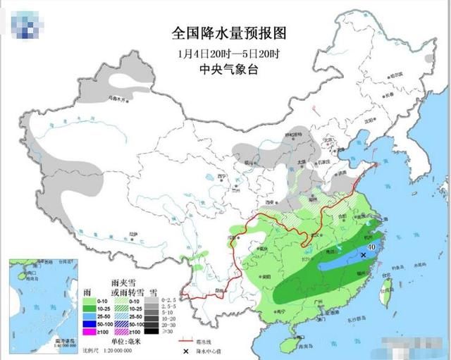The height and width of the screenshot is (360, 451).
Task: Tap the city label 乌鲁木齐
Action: pyautogui.click(x=118, y=100)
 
